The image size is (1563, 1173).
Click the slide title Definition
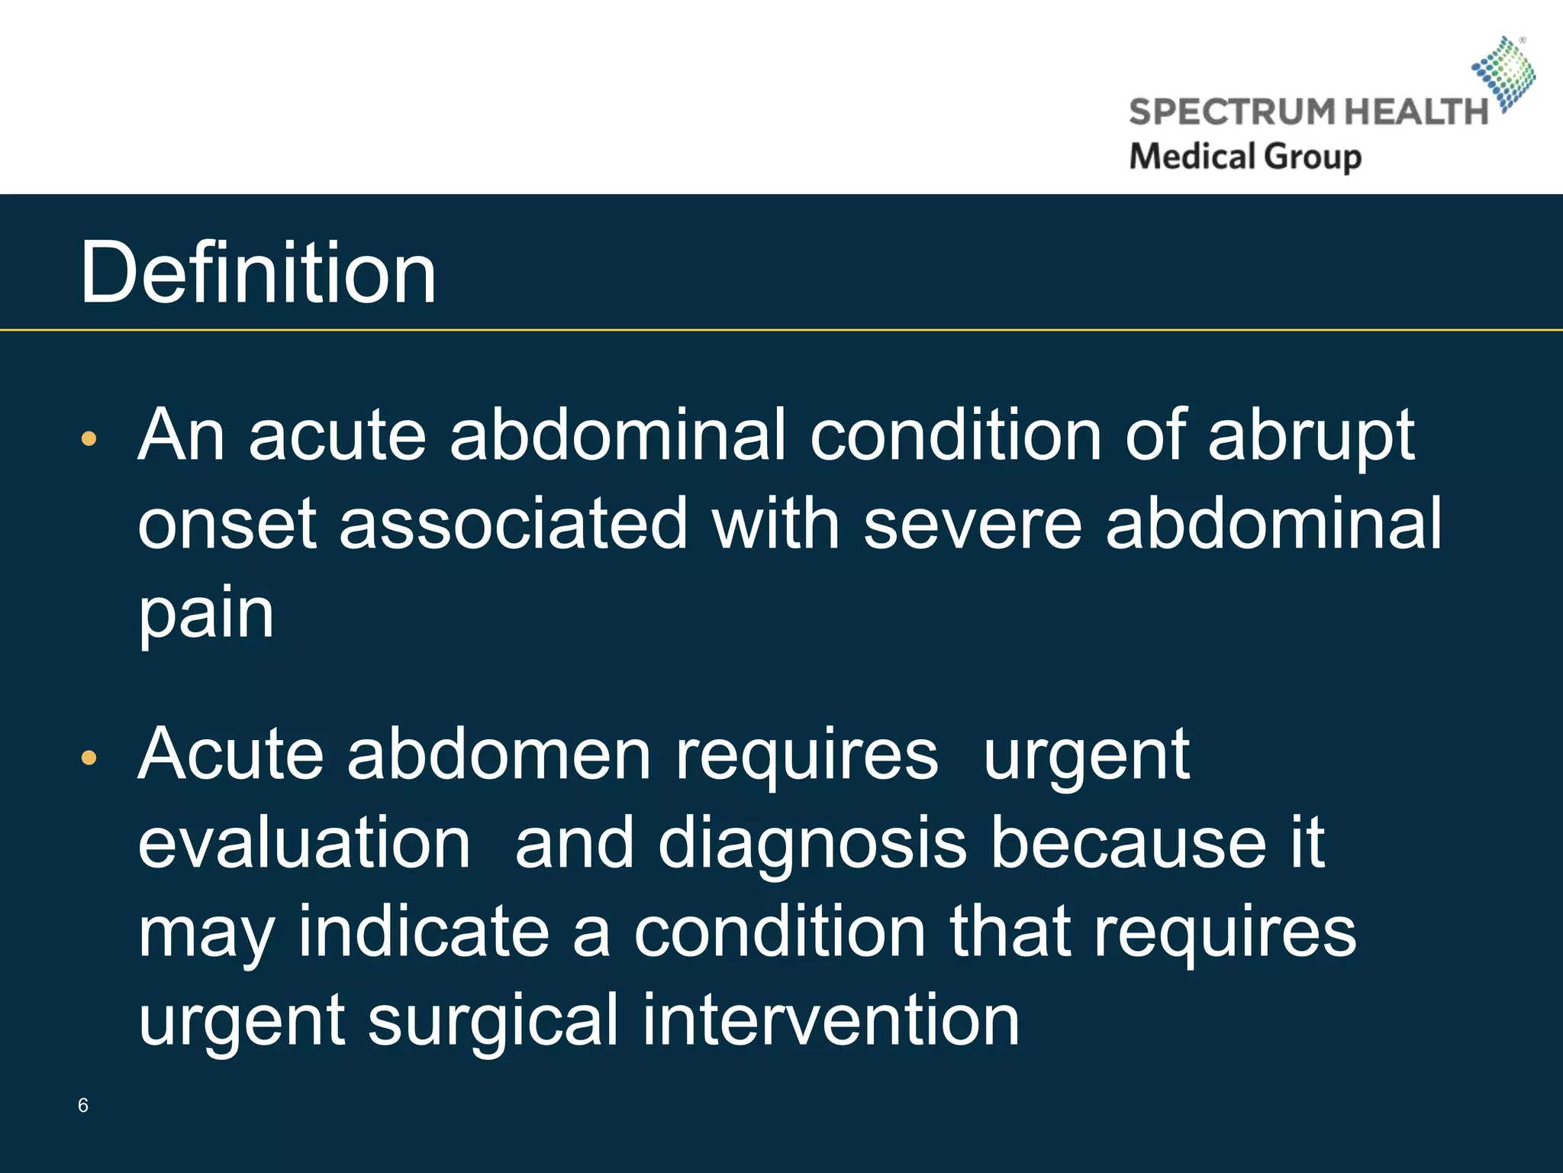[258, 273]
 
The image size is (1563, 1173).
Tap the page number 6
[83, 1105]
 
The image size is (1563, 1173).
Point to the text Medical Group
[1245, 157]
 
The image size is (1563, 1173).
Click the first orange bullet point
[89, 438]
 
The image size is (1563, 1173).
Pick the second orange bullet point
[89, 758]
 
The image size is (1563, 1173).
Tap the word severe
[972, 524]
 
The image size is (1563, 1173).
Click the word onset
[227, 524]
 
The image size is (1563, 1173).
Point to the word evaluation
[304, 843]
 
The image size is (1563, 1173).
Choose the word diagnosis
[812, 843]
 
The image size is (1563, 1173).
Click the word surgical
[492, 1020]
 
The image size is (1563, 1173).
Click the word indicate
[424, 932]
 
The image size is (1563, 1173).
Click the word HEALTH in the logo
[1416, 112]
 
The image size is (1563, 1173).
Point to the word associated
[514, 524]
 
